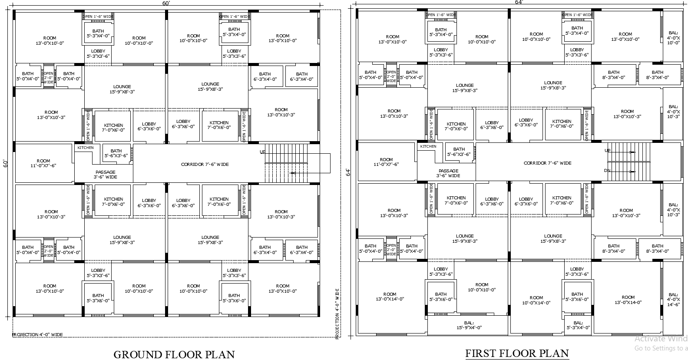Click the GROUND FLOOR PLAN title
click(174, 354)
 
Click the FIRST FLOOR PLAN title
click(517, 353)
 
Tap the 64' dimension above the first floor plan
click(519, 2)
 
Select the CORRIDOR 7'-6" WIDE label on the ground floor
click(205, 165)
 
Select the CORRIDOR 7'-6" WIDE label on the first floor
click(547, 163)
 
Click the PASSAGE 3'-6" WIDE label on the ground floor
click(106, 175)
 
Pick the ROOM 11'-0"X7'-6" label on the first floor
click(386, 162)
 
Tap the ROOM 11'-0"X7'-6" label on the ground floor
click(43, 163)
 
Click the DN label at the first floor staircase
click(607, 171)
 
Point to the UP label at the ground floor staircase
click(262, 152)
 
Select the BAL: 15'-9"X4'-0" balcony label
click(468, 325)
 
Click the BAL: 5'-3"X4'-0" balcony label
click(578, 325)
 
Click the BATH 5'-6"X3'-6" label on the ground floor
click(116, 153)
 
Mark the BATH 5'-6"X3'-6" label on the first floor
click(459, 152)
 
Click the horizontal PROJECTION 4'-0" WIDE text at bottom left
click(38, 335)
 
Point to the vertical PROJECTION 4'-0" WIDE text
click(337, 313)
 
